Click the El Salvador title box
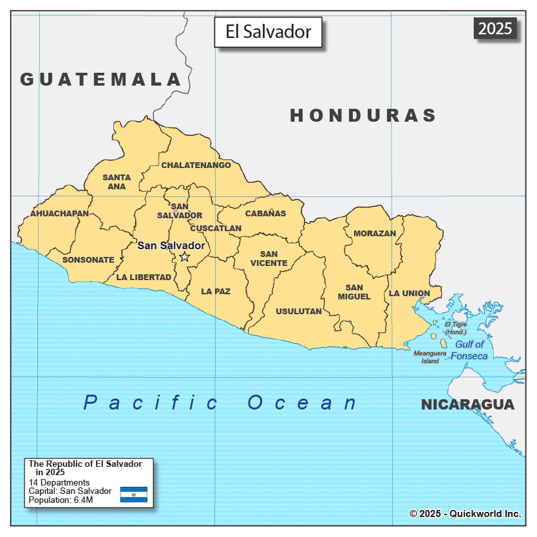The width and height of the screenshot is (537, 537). coord(268,32)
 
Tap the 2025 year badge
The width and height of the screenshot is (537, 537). coord(495,28)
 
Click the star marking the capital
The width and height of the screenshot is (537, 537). coord(184,257)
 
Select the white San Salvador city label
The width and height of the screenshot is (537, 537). coord(171,245)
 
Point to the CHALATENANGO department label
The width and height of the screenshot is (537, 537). coord(196,165)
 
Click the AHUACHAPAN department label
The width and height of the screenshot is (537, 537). coord(59,213)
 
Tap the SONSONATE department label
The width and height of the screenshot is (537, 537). coord(88,260)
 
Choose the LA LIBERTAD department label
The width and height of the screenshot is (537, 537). coord(144,278)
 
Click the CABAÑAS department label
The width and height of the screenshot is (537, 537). coord(265,214)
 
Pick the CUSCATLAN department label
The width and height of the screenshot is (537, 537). coord(216,229)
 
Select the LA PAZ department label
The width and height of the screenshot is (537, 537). coord(216,292)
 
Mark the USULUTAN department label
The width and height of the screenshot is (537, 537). coord(299,312)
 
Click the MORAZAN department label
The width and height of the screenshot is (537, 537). coord(375,234)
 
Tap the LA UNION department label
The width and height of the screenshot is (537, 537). coord(409,294)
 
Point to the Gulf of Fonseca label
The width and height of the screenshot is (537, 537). coord(469,350)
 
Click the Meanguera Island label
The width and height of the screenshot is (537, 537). coord(429,357)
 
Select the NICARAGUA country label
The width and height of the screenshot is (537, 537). coord(467,405)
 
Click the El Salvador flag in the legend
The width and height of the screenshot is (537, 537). coord(134,495)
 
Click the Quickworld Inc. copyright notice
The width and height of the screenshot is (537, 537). coord(465,514)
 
